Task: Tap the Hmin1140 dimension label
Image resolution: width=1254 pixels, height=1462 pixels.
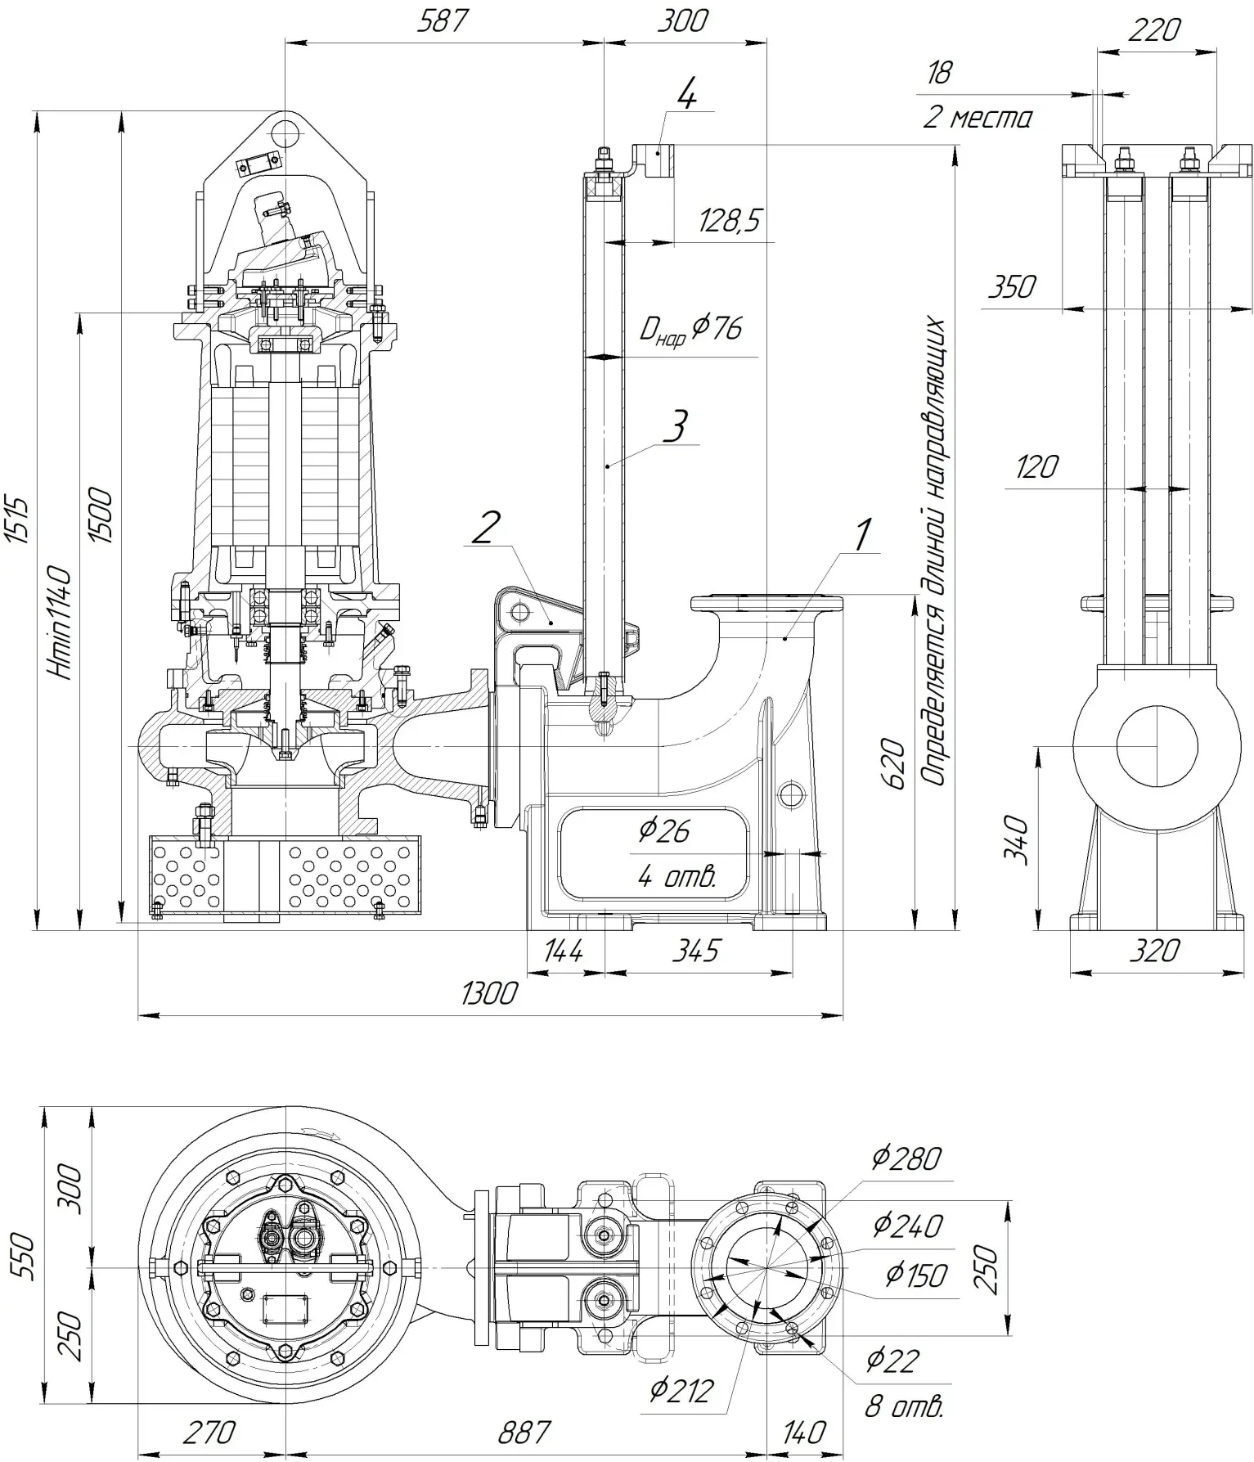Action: click(x=62, y=622)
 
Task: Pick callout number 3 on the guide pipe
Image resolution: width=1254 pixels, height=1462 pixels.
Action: click(x=675, y=426)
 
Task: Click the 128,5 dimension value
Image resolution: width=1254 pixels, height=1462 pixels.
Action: click(x=730, y=221)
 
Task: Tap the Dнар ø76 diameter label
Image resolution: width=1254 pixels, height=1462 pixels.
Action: click(x=691, y=330)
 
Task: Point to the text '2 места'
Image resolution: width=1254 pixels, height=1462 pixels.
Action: click(x=977, y=119)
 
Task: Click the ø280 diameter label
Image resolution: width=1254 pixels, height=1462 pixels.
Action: click(x=906, y=1158)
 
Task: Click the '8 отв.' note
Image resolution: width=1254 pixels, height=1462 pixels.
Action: click(x=904, y=1406)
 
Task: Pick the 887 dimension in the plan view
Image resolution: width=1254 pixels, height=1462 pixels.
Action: click(x=524, y=1432)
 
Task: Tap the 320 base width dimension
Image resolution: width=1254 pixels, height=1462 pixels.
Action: click(x=1153, y=951)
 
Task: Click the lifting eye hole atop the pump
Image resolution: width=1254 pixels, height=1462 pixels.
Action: click(x=285, y=132)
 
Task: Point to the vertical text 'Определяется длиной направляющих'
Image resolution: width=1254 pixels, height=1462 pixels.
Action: click(x=935, y=552)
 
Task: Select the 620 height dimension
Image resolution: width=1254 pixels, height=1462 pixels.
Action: click(x=896, y=764)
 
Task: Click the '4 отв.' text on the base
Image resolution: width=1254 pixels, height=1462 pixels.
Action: click(x=676, y=877)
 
